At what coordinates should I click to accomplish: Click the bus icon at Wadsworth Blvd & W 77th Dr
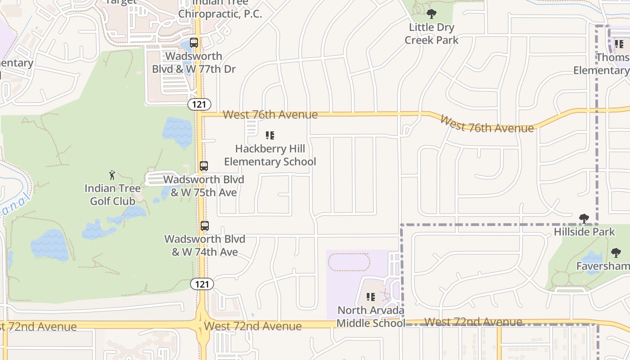tap(194, 43)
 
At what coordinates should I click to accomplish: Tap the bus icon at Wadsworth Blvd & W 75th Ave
tap(204, 166)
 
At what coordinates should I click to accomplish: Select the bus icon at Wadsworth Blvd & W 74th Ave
tap(205, 225)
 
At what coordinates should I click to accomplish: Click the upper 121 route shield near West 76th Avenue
tap(199, 104)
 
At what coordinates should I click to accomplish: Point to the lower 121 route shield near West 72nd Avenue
tap(202, 284)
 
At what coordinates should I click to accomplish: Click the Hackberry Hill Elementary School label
tap(270, 155)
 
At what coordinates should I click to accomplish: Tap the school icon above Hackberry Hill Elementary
tap(270, 135)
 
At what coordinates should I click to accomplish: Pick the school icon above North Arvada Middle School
tap(371, 297)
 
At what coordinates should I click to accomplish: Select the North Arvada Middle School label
tap(371, 317)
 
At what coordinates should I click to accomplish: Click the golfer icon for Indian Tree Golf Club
tap(112, 175)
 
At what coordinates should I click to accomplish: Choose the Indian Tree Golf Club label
tap(112, 195)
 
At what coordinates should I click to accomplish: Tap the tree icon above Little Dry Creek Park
tap(432, 14)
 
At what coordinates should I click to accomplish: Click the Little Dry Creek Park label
tap(432, 34)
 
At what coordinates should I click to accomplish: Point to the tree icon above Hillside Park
tap(584, 219)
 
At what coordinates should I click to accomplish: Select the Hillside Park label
tap(584, 232)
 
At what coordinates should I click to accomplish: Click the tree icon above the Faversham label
tap(616, 252)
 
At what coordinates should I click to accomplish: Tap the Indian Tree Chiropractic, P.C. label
tap(220, 9)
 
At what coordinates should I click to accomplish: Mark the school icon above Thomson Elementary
tap(619, 44)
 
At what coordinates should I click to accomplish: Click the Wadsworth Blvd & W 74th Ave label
tap(205, 245)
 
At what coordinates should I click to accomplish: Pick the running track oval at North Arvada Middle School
tap(349, 262)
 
